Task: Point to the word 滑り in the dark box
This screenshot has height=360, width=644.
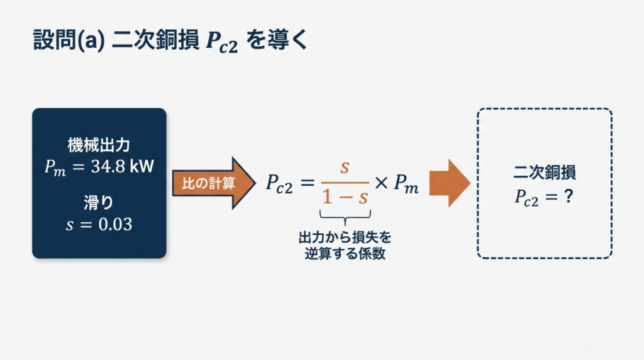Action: coord(99,203)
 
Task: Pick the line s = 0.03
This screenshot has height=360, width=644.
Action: coord(99,223)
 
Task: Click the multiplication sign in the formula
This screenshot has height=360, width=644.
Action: coord(382,183)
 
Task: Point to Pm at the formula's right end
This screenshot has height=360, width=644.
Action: coord(406,184)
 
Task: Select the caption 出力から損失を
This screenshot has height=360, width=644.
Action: coord(345,238)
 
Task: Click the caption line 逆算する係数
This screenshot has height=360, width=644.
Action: coord(345,254)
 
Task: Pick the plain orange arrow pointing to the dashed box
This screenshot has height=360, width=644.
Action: coord(450,183)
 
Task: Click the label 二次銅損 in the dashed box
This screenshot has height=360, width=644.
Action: coord(545,171)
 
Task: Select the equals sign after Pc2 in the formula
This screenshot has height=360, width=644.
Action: coord(307,183)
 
